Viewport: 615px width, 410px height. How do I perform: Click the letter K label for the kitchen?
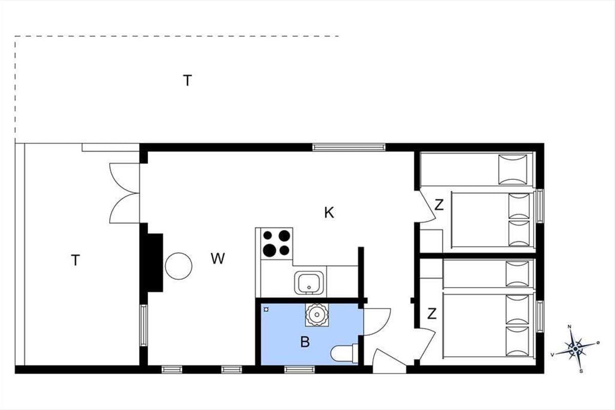[x=329, y=213]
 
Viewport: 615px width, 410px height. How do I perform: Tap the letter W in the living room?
[x=218, y=258]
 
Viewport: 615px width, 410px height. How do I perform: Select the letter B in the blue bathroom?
[x=305, y=342]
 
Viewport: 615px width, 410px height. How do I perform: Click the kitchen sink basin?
[x=309, y=282]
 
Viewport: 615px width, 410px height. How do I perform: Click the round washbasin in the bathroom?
[x=317, y=315]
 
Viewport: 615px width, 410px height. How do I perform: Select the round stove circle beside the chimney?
[x=178, y=266]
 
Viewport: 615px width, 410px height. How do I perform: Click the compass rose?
[x=576, y=349]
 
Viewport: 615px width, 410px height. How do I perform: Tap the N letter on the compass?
[x=569, y=326]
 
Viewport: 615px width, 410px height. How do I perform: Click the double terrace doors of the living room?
[x=125, y=193]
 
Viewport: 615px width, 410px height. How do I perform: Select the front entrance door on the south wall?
[x=389, y=360]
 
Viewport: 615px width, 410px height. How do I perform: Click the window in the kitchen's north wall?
[x=348, y=147]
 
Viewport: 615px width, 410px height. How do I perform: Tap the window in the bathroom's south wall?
[x=299, y=370]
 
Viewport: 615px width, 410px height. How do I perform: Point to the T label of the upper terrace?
[x=187, y=80]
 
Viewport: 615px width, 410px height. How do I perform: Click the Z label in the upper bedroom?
[x=439, y=205]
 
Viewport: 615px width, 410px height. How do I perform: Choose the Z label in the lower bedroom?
[x=432, y=314]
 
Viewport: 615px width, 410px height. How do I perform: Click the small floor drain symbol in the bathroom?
[x=266, y=310]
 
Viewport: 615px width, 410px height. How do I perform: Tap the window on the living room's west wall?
[x=143, y=325]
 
